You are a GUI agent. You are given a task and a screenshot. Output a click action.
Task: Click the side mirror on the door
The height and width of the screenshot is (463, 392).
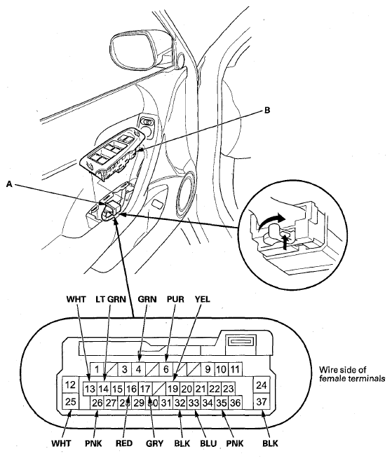137,52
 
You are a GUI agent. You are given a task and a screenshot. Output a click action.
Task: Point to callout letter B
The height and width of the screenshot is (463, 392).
267,111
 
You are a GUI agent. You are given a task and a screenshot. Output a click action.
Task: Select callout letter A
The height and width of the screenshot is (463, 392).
9,184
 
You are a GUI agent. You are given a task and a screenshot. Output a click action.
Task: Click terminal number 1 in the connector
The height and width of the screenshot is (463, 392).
97,369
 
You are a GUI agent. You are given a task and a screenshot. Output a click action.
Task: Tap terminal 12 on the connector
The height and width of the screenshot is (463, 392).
70,385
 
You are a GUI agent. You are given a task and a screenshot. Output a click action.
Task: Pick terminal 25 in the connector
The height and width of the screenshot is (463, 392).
70,401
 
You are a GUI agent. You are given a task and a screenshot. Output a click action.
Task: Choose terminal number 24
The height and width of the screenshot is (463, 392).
262,385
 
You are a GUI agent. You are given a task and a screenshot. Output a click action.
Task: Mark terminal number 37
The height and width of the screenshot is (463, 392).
262,401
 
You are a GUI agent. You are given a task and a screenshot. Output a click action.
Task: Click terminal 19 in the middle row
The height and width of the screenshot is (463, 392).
173,389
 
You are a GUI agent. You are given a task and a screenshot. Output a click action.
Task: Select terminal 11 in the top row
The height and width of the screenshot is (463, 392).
235,369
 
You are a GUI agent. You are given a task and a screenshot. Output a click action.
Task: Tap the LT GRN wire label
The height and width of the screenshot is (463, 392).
111,299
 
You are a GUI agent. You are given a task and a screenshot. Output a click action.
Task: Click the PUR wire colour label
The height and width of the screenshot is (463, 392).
175,299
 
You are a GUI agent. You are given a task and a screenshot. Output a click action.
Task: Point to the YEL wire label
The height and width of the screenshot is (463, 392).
202,299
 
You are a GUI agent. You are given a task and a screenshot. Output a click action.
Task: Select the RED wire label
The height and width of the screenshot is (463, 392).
124,443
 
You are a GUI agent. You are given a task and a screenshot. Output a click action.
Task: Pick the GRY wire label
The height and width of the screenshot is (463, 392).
154,443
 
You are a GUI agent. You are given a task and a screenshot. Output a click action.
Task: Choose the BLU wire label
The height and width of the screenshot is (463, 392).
208,443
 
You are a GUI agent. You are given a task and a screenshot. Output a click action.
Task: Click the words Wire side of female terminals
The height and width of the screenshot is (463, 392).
352,374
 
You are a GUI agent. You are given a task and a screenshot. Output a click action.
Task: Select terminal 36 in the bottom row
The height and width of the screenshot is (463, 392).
235,403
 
